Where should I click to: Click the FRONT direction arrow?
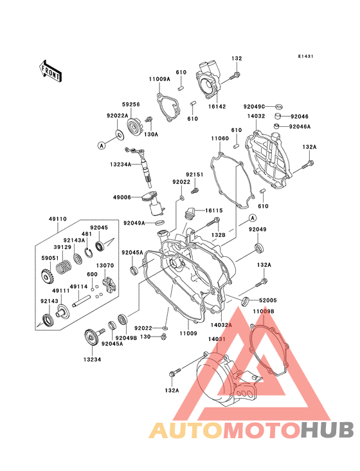pyautogui.click(x=50, y=71)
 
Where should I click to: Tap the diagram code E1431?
pyautogui.click(x=306, y=56)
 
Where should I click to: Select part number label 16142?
pyautogui.click(x=217, y=106)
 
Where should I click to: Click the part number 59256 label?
pyautogui.click(x=130, y=104)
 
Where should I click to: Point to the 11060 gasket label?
pyautogui.click(x=220, y=138)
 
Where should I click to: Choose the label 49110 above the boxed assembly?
pyautogui.click(x=58, y=219)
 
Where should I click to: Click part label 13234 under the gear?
pyautogui.click(x=92, y=360)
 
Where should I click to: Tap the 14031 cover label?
pyautogui.click(x=217, y=339)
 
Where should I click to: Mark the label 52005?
pyautogui.click(x=268, y=300)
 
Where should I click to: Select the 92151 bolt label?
pyautogui.click(x=194, y=174)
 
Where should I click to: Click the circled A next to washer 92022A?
pyautogui.click(x=102, y=145)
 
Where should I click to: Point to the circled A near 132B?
pyautogui.click(x=253, y=217)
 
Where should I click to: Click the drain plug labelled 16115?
pyautogui.click(x=189, y=212)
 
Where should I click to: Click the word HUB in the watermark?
pyautogui.click(x=327, y=430)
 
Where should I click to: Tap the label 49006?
pyautogui.click(x=122, y=198)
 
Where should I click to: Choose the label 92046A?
pyautogui.click(x=300, y=127)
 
